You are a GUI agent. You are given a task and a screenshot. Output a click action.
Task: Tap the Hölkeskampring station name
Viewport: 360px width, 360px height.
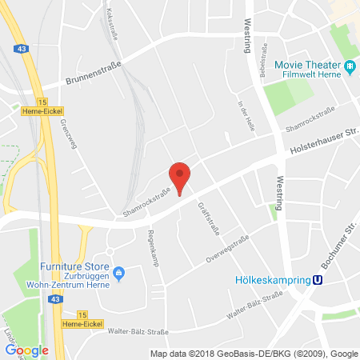pyautogui.click(x=270, y=280)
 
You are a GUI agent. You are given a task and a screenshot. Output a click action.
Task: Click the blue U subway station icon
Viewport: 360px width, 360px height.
pyautogui.click(x=318, y=280)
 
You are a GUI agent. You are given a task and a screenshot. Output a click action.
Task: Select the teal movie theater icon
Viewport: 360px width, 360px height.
pyautogui.click(x=350, y=66)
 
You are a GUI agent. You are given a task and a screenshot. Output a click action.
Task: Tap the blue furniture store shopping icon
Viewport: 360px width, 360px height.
pyautogui.click(x=119, y=274)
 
